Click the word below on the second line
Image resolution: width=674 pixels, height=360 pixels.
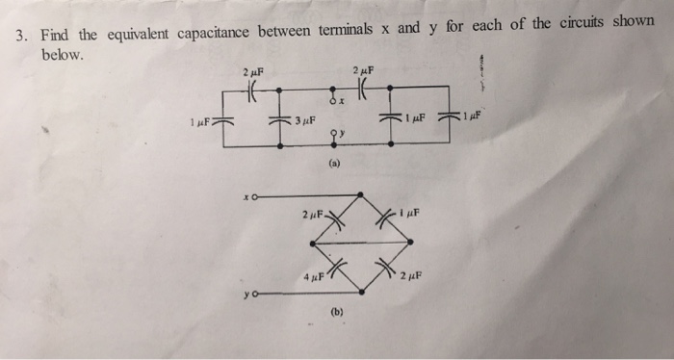62,55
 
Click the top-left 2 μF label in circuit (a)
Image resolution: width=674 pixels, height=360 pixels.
253,72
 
